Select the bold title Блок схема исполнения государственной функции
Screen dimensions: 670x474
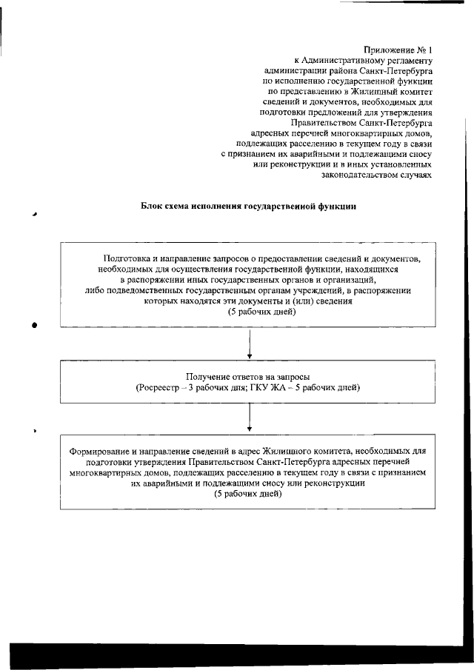(249, 207)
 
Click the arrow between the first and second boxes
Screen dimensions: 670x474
(250, 344)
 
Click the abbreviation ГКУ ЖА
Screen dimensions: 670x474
(276, 387)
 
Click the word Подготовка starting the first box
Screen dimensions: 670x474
(130, 259)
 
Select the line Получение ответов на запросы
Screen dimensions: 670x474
(248, 376)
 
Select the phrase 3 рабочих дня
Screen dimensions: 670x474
(207, 387)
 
